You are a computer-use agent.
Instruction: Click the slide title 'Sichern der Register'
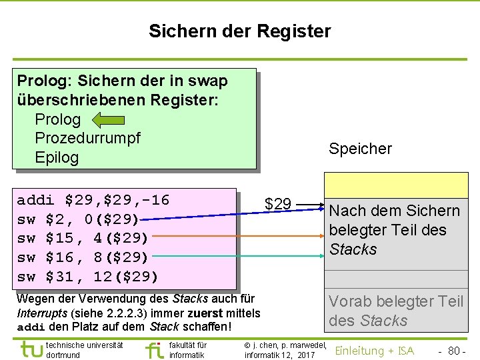pyautogui.click(x=239, y=31)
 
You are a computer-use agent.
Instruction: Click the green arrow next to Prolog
pyautogui.click(x=108, y=120)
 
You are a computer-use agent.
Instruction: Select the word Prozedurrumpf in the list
pyautogui.click(x=87, y=139)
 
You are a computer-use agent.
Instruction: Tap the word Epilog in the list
pyautogui.click(x=57, y=158)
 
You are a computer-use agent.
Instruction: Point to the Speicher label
pyautogui.click(x=360, y=149)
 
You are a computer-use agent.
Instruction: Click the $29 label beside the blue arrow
pyautogui.click(x=277, y=203)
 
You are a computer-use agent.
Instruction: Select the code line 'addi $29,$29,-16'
pyautogui.click(x=93, y=200)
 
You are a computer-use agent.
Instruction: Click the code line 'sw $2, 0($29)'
pyautogui.click(x=78, y=219)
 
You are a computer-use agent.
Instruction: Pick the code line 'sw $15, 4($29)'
pyautogui.click(x=83, y=238)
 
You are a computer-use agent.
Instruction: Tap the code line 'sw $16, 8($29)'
pyautogui.click(x=83, y=257)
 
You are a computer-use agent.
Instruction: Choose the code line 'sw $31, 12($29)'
pyautogui.click(x=87, y=277)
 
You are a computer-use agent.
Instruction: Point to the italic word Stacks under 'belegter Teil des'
pyautogui.click(x=353, y=249)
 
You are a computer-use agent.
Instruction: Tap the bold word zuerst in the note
pyautogui.click(x=207, y=313)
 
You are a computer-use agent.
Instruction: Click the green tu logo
pyautogui.click(x=31, y=349)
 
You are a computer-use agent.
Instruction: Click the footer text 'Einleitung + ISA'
pyautogui.click(x=374, y=351)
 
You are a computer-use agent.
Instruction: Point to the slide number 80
pyautogui.click(x=455, y=351)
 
